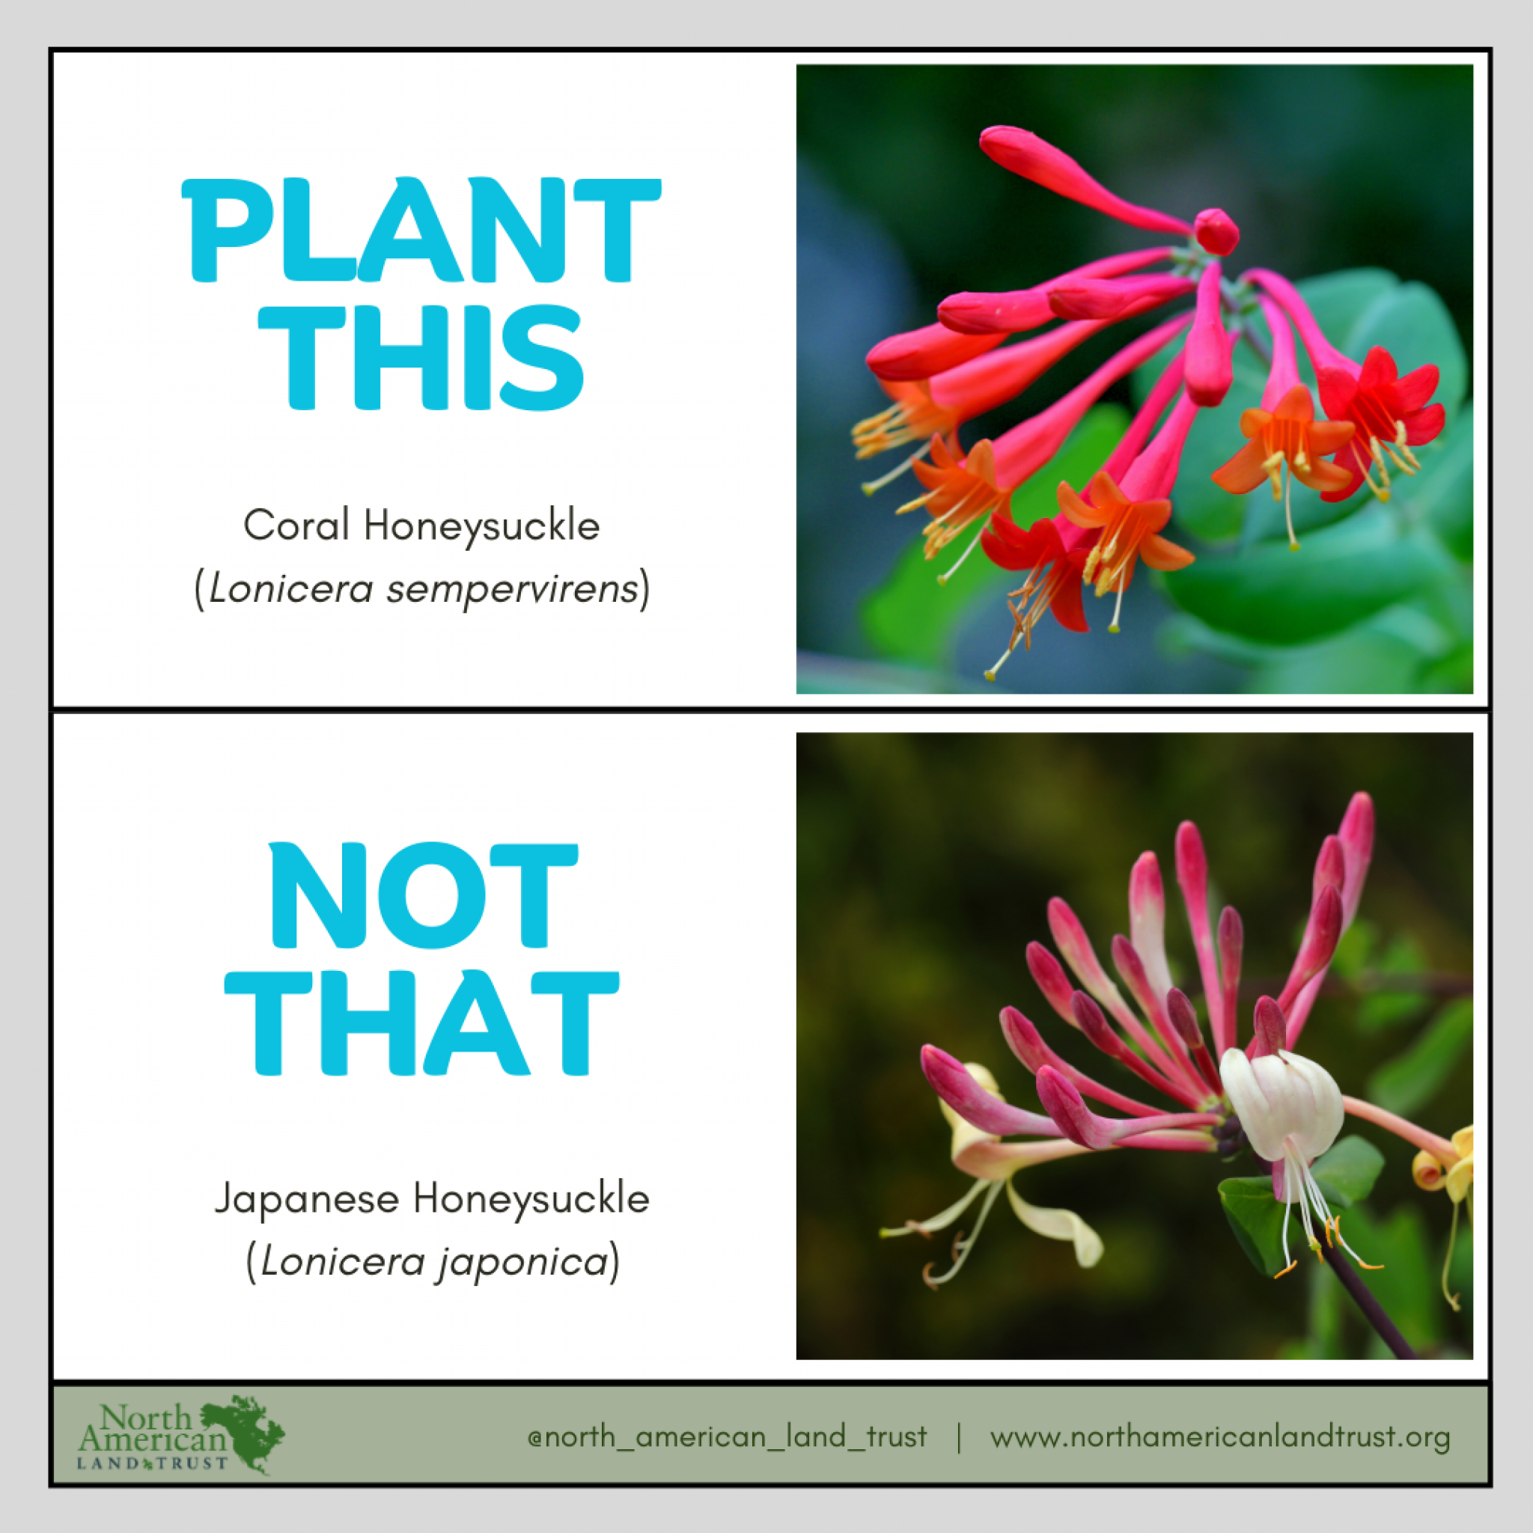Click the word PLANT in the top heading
[421, 230]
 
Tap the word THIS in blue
[421, 358]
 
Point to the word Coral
[296, 525]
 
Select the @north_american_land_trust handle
[727, 1437]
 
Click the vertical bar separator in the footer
[960, 1437]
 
